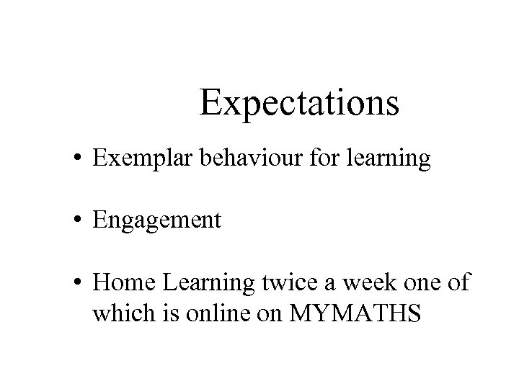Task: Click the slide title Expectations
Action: pyautogui.click(x=299, y=102)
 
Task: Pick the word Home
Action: pyautogui.click(x=119, y=282)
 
